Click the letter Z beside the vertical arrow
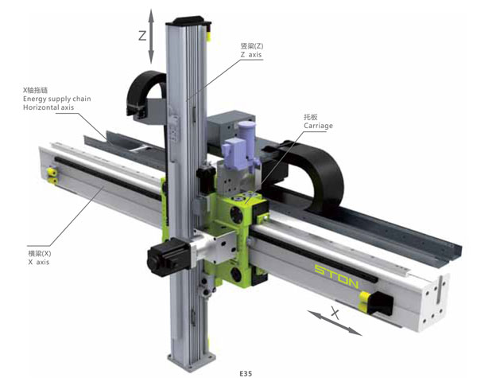[x=142, y=36]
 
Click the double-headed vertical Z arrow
[x=151, y=37]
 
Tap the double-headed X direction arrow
[x=335, y=323]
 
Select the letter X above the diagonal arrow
[x=335, y=313]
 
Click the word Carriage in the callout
[x=318, y=126]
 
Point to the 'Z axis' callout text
[x=251, y=55]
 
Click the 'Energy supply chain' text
[x=57, y=99]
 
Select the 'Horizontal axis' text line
[x=48, y=107]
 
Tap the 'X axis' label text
[x=39, y=263]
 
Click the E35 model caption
[x=246, y=373]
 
